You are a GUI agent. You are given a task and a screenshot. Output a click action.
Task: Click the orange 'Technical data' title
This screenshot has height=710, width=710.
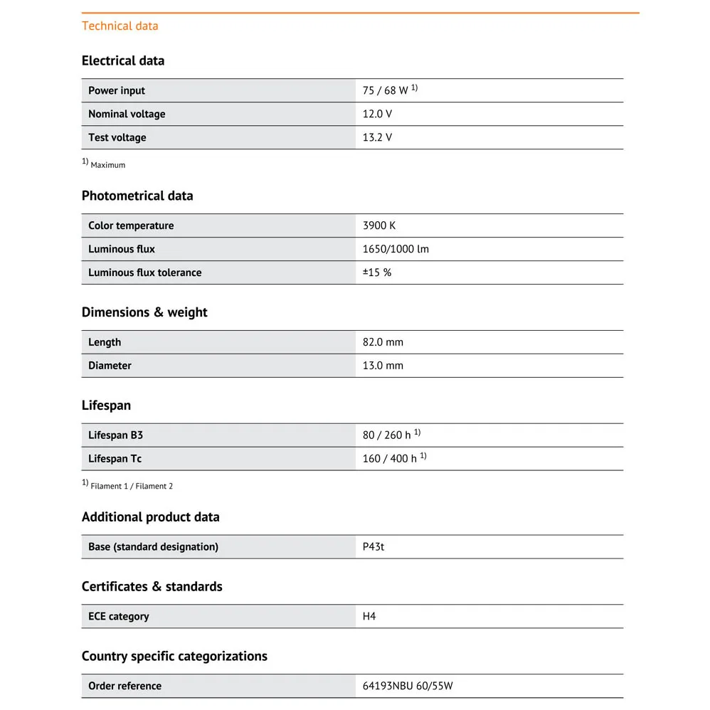(x=120, y=26)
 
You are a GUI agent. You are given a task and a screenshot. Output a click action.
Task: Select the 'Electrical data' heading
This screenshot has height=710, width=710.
(x=123, y=60)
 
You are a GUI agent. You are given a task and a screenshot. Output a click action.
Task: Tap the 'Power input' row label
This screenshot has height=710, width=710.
(x=117, y=90)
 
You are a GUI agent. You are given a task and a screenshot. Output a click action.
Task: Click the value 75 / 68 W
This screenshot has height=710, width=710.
(x=386, y=90)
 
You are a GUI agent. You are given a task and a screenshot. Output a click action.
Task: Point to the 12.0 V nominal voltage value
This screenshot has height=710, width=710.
(x=377, y=114)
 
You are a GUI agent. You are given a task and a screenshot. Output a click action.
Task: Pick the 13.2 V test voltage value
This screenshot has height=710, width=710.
(x=377, y=137)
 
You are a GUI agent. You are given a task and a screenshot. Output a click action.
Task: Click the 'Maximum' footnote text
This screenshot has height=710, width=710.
(x=107, y=165)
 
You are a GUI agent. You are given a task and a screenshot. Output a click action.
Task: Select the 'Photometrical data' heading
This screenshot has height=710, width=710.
(x=137, y=196)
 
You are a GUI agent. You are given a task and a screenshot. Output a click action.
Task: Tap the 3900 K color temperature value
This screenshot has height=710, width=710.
(x=379, y=226)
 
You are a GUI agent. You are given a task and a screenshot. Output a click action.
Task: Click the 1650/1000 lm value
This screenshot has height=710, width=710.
(x=396, y=249)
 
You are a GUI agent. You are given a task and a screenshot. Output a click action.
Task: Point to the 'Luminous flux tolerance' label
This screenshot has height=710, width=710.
(x=144, y=272)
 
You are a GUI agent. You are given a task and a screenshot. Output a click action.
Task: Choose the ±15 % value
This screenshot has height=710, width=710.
(x=377, y=272)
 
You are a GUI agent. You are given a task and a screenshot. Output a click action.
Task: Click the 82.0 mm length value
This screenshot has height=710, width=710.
(x=383, y=342)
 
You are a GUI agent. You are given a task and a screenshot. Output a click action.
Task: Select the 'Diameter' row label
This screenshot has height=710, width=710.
(x=110, y=366)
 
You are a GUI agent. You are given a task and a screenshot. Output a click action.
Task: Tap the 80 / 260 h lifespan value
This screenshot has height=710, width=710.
(x=387, y=435)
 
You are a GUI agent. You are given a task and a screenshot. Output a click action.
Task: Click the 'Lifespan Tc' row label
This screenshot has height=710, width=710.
(x=115, y=458)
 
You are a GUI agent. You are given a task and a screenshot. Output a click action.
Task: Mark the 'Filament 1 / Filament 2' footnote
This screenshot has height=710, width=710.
(x=132, y=487)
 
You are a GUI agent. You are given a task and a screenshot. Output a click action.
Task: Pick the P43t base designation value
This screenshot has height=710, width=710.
(x=373, y=546)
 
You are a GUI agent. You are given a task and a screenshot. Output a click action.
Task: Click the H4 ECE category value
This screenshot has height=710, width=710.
(x=369, y=616)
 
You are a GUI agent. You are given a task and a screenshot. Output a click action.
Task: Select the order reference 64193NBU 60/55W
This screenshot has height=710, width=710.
(x=408, y=686)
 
